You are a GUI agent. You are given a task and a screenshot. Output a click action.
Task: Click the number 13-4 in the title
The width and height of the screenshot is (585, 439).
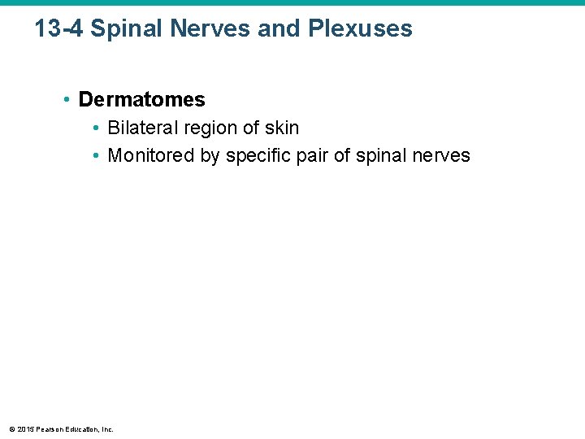click(58, 29)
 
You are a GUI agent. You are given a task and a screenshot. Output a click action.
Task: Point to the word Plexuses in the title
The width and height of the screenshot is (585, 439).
click(361, 29)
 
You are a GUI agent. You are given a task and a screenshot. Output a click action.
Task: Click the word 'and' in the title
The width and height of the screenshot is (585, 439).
click(280, 29)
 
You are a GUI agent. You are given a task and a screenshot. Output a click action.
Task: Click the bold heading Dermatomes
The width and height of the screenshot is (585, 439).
click(142, 100)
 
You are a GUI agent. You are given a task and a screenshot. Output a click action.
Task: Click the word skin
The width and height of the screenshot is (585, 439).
click(281, 128)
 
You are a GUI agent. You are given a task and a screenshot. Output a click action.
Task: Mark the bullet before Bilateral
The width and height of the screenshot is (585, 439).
click(97, 128)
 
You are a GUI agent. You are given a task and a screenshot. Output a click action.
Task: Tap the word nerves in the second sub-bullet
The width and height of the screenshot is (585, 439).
click(443, 155)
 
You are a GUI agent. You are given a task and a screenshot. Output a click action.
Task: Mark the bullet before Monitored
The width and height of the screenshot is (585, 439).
click(97, 156)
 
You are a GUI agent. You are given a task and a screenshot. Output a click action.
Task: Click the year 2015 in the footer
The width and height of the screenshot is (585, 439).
click(25, 429)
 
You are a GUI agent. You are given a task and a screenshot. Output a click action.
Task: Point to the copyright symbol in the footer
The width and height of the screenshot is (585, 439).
click(11, 429)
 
